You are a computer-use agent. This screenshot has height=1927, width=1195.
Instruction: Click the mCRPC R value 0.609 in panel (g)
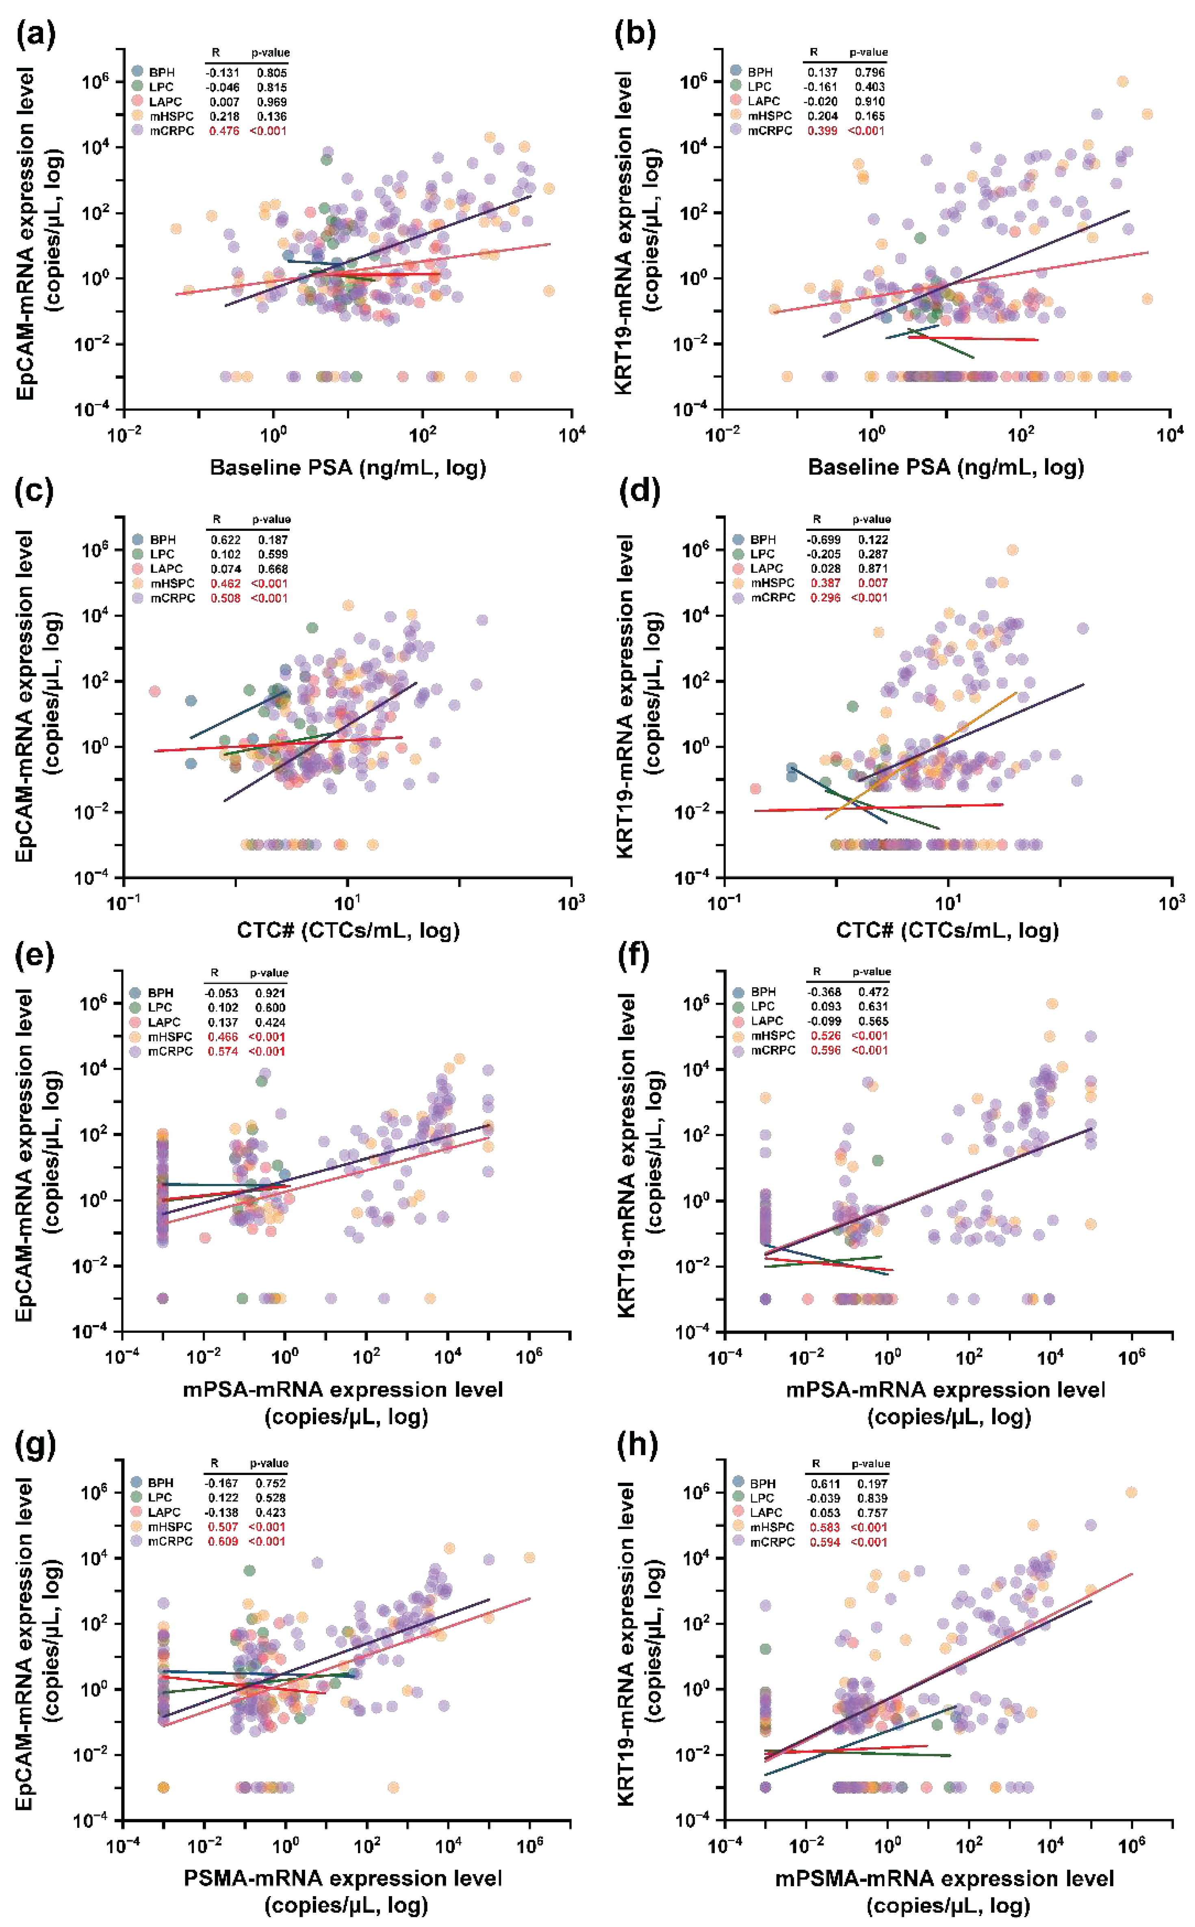coord(223,1541)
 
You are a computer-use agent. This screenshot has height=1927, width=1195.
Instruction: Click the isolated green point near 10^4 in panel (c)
coord(312,628)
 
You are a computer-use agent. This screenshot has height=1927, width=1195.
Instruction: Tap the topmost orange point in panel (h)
coord(1131,1492)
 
